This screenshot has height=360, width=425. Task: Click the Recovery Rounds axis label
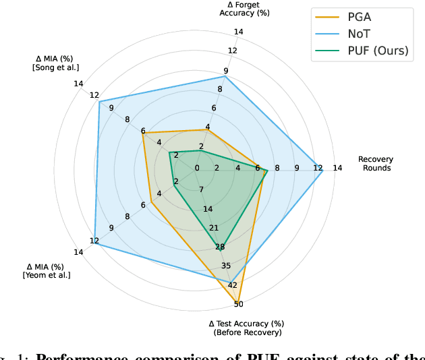tap(376, 164)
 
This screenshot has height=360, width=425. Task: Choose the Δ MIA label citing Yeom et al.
tap(47, 271)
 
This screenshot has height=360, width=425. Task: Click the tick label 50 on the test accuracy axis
tap(239, 304)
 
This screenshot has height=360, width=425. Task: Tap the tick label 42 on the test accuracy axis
tap(233, 285)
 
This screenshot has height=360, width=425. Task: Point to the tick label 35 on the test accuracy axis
tap(226, 266)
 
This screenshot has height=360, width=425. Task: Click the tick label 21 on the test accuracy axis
tap(214, 228)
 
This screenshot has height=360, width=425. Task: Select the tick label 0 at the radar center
tap(197, 168)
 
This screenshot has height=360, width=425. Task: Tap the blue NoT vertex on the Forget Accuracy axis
tap(225, 76)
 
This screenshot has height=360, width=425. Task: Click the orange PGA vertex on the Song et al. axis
tap(143, 133)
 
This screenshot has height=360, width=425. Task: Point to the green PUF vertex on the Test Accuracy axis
tap(220, 248)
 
